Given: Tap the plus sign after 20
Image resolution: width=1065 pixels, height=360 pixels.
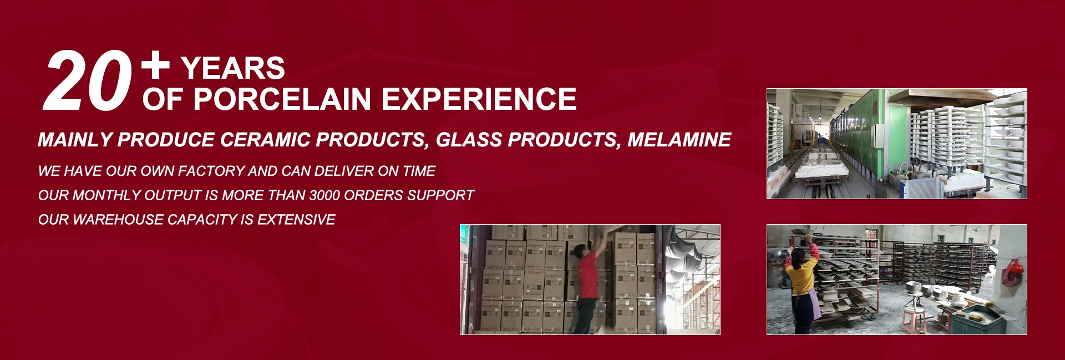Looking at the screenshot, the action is [x=155, y=64].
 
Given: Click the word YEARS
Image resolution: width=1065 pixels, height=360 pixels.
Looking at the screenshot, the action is [x=233, y=68].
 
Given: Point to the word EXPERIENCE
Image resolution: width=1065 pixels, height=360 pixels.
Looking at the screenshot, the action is [x=479, y=99].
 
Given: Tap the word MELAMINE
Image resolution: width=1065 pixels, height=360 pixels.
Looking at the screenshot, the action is [x=679, y=140].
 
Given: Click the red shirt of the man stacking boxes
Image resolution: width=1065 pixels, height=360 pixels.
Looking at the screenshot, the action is [x=587, y=275].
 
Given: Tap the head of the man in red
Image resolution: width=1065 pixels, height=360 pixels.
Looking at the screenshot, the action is [x=581, y=251].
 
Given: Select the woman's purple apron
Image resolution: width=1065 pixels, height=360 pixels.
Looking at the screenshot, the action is [x=814, y=304].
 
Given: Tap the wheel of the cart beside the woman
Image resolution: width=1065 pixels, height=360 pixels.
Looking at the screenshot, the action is [x=872, y=317].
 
